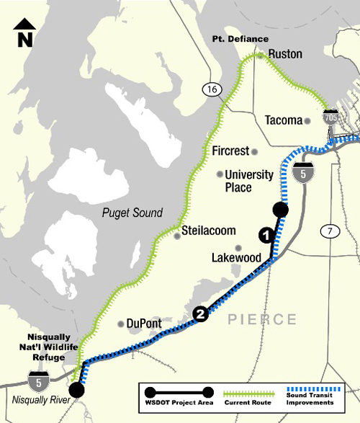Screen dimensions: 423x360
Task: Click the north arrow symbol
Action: (26, 32)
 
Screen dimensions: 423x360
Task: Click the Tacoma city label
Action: (284, 120)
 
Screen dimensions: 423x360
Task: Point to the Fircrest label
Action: (230, 151)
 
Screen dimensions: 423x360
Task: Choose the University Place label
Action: (249, 181)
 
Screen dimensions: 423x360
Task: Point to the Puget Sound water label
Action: (132, 213)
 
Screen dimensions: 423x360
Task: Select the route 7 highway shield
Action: (330, 231)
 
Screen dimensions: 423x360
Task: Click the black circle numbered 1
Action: (265, 234)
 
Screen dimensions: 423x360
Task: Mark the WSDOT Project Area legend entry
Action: (176, 396)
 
